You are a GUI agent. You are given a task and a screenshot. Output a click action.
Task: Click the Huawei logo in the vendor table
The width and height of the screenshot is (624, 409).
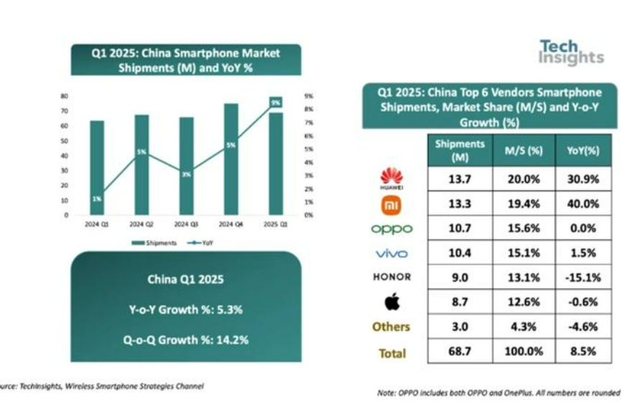[x=391, y=178]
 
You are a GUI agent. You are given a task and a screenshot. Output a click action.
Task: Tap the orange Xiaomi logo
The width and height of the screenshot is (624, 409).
[x=391, y=205]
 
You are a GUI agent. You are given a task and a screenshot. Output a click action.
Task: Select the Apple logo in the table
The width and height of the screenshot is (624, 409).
[x=392, y=301]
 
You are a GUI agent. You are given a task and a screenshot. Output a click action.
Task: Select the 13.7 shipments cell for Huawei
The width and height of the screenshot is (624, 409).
[x=460, y=179]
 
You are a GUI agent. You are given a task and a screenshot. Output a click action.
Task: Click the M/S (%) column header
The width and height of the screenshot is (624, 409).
[x=523, y=150]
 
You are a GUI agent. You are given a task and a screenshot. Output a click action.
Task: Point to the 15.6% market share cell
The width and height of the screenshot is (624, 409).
[x=523, y=228]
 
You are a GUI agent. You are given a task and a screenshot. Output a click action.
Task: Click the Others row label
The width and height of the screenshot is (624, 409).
[x=391, y=326]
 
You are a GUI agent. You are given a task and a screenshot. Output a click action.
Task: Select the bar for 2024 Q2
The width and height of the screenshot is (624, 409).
[x=142, y=165]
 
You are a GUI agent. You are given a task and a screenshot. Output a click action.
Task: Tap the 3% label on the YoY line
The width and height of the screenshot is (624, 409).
[x=187, y=175]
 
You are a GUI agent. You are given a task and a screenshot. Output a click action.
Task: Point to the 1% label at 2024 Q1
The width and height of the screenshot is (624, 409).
[x=97, y=198]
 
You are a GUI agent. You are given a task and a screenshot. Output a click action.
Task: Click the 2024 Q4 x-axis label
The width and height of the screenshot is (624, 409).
[x=231, y=224]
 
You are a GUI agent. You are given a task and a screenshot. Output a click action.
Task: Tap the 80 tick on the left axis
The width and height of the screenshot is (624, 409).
[x=64, y=96]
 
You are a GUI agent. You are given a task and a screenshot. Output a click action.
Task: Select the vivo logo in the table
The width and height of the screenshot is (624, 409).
[x=391, y=253]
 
